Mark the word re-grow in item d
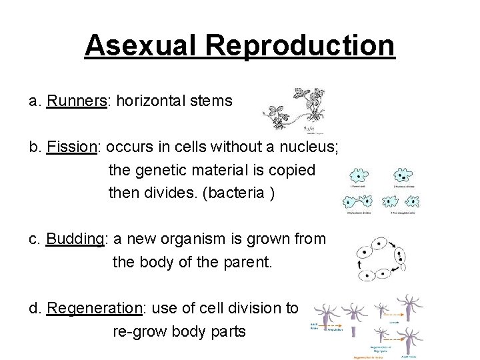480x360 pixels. [x=141, y=331]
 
